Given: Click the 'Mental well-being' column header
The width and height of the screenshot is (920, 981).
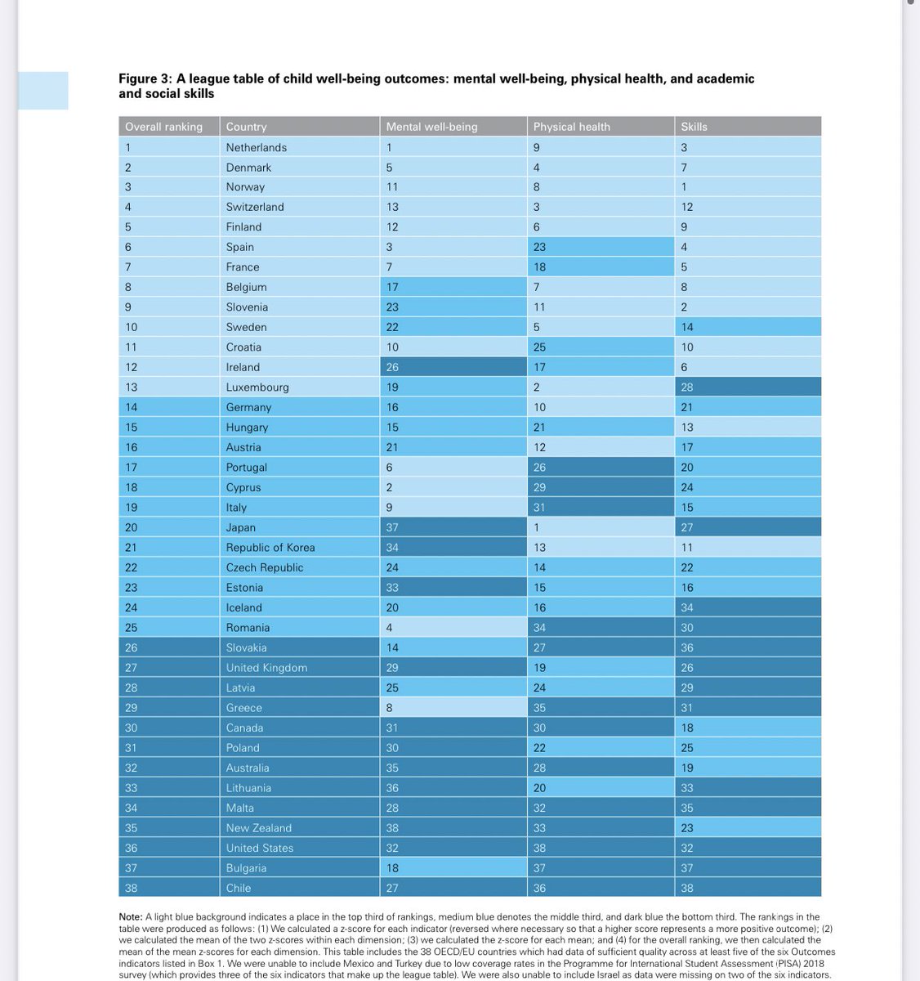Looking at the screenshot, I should (x=431, y=127).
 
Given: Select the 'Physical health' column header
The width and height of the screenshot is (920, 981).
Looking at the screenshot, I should (x=571, y=127).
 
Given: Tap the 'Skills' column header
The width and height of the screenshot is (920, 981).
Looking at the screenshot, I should (x=694, y=127).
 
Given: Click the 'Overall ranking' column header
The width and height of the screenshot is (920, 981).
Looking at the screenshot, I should (x=163, y=127).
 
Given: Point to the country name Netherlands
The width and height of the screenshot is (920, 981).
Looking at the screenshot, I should (x=256, y=147).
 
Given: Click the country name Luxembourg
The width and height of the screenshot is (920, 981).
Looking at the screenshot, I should (x=257, y=387).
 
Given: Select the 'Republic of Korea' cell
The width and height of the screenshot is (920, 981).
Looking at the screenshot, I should (x=270, y=548).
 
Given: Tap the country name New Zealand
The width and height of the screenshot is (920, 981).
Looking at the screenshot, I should (x=258, y=828).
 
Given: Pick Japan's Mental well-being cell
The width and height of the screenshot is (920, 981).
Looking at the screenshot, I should (x=393, y=527).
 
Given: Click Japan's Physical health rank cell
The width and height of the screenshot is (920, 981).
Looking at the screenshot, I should (x=537, y=527).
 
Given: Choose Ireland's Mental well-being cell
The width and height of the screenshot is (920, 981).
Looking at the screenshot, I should (x=393, y=367).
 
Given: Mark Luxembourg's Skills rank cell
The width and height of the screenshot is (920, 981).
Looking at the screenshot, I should (x=687, y=387).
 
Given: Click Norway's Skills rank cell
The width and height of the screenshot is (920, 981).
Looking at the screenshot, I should (x=685, y=187).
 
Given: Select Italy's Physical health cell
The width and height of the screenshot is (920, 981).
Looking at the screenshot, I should (x=539, y=508).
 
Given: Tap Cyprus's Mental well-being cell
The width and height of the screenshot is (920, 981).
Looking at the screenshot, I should (x=390, y=487).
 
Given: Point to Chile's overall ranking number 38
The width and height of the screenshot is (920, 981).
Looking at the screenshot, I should (x=131, y=888).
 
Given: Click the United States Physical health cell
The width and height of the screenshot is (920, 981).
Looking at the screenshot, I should (x=539, y=848).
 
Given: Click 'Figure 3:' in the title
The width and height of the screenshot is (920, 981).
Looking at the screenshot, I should (x=145, y=79).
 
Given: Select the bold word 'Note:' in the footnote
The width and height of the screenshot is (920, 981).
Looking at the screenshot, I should (x=131, y=917).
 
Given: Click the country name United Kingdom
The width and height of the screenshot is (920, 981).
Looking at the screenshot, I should (x=266, y=668).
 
